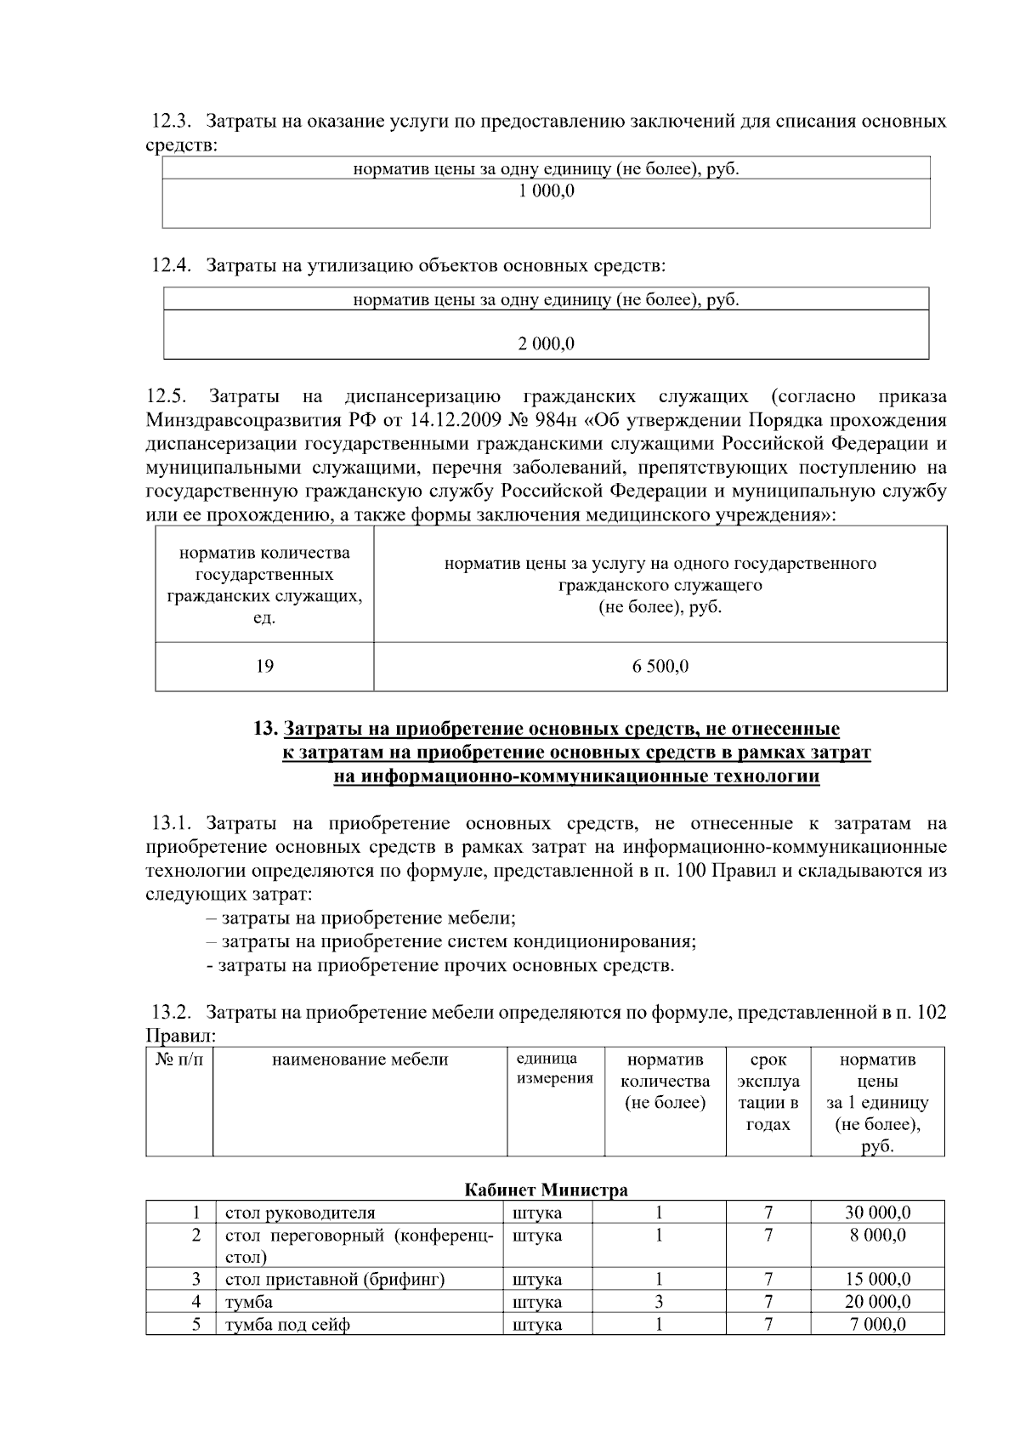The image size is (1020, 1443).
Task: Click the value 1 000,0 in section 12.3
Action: coord(546,191)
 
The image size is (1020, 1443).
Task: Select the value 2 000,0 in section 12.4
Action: coord(546,344)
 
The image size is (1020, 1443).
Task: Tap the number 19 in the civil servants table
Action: coord(264,666)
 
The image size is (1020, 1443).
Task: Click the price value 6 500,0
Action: coord(660,666)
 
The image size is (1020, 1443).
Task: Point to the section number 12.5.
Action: coord(166,396)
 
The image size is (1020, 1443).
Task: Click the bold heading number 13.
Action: coord(265,729)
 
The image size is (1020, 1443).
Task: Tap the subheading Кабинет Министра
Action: coord(546,1190)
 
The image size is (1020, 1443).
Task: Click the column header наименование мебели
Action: coord(360,1060)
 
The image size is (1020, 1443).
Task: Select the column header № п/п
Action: coord(179,1060)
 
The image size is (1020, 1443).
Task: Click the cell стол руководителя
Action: coord(299,1213)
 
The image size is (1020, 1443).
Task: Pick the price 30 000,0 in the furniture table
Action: coord(877,1213)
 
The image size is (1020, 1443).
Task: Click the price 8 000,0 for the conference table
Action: coord(877,1235)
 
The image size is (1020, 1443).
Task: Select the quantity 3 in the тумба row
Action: coord(659,1302)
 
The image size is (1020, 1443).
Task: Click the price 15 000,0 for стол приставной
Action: coord(877,1279)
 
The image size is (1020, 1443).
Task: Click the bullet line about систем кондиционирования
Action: coord(450,941)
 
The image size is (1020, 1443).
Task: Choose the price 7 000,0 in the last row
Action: coord(877,1325)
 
